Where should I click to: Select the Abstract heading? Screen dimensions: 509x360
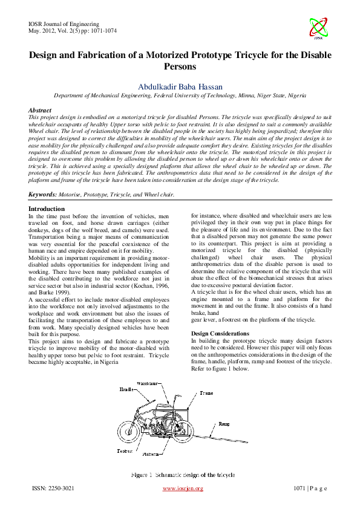click(40, 111)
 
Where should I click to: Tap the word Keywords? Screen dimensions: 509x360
click(42, 195)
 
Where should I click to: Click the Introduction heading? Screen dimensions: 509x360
click(47, 209)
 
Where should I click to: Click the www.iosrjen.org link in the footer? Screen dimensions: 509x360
click(183, 488)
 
